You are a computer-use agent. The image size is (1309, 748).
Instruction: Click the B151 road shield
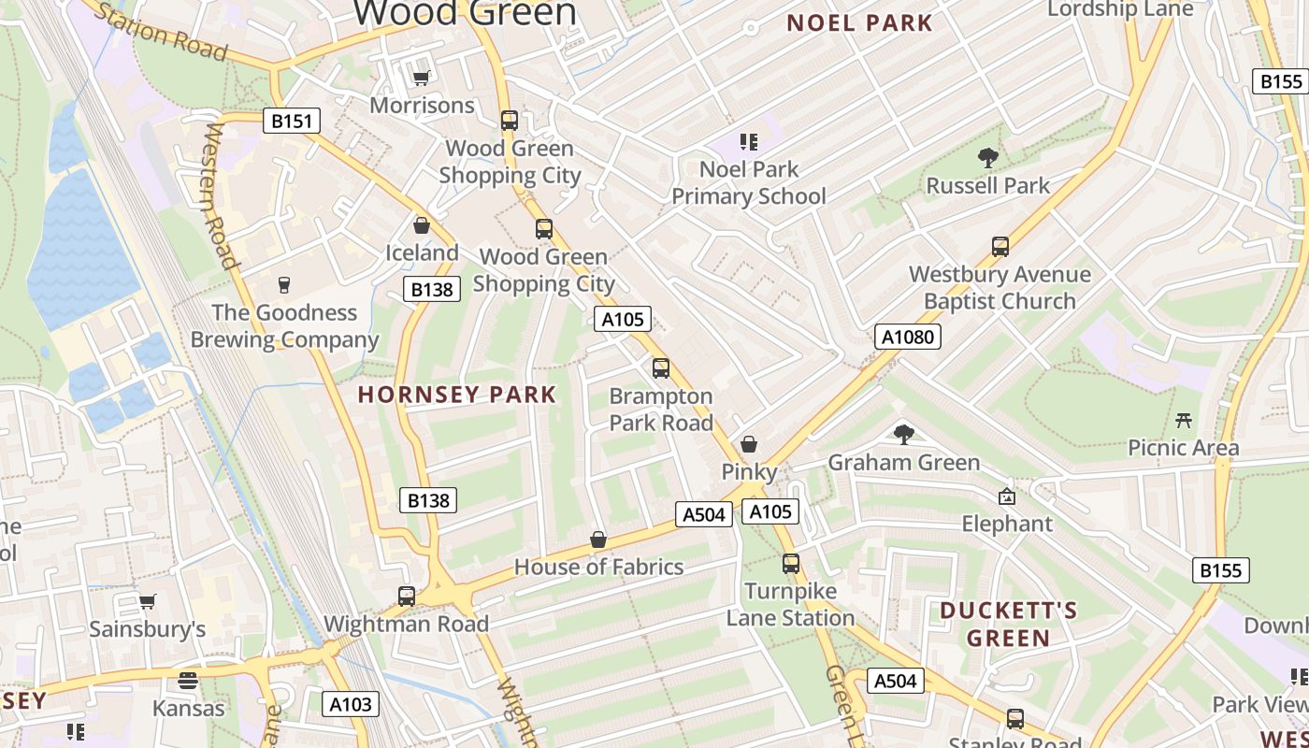point(292,121)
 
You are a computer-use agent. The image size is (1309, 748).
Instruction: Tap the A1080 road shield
point(907,337)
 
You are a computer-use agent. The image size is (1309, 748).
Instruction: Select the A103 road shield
point(352,704)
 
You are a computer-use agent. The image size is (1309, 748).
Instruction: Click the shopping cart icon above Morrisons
point(422,79)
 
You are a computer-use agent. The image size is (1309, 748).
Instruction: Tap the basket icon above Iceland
point(422,225)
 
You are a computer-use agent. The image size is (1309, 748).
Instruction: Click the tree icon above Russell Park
point(987,158)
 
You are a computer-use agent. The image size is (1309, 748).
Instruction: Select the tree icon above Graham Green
point(903,434)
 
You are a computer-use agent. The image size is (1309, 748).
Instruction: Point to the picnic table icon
point(1184,421)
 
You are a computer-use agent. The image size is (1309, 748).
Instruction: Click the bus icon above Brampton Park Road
point(661,368)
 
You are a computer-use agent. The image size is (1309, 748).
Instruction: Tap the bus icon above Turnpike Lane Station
point(791,564)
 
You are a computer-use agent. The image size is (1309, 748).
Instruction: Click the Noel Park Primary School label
point(749,182)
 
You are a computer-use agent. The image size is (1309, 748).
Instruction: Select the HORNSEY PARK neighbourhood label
point(457,395)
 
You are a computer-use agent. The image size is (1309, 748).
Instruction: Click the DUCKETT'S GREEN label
point(1009,625)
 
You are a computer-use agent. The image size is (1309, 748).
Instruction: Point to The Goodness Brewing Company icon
point(284,284)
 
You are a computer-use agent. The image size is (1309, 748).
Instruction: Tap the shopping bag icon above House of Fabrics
point(598,539)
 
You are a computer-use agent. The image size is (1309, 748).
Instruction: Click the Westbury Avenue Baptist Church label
point(1000,287)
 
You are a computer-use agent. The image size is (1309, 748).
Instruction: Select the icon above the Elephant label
point(1007,496)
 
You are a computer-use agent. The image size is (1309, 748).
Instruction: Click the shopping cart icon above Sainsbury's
point(147,602)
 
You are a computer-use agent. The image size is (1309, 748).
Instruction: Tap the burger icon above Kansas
point(188,680)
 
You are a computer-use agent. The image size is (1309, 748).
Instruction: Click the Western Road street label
point(218,196)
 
